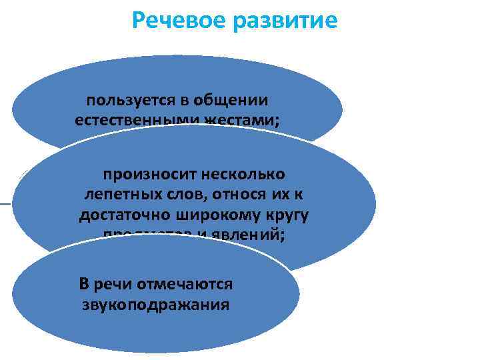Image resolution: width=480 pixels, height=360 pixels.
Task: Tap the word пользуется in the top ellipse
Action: point(126,100)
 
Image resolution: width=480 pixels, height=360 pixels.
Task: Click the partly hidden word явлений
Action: point(253,234)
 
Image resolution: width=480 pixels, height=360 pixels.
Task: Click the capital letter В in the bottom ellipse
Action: point(84,284)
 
